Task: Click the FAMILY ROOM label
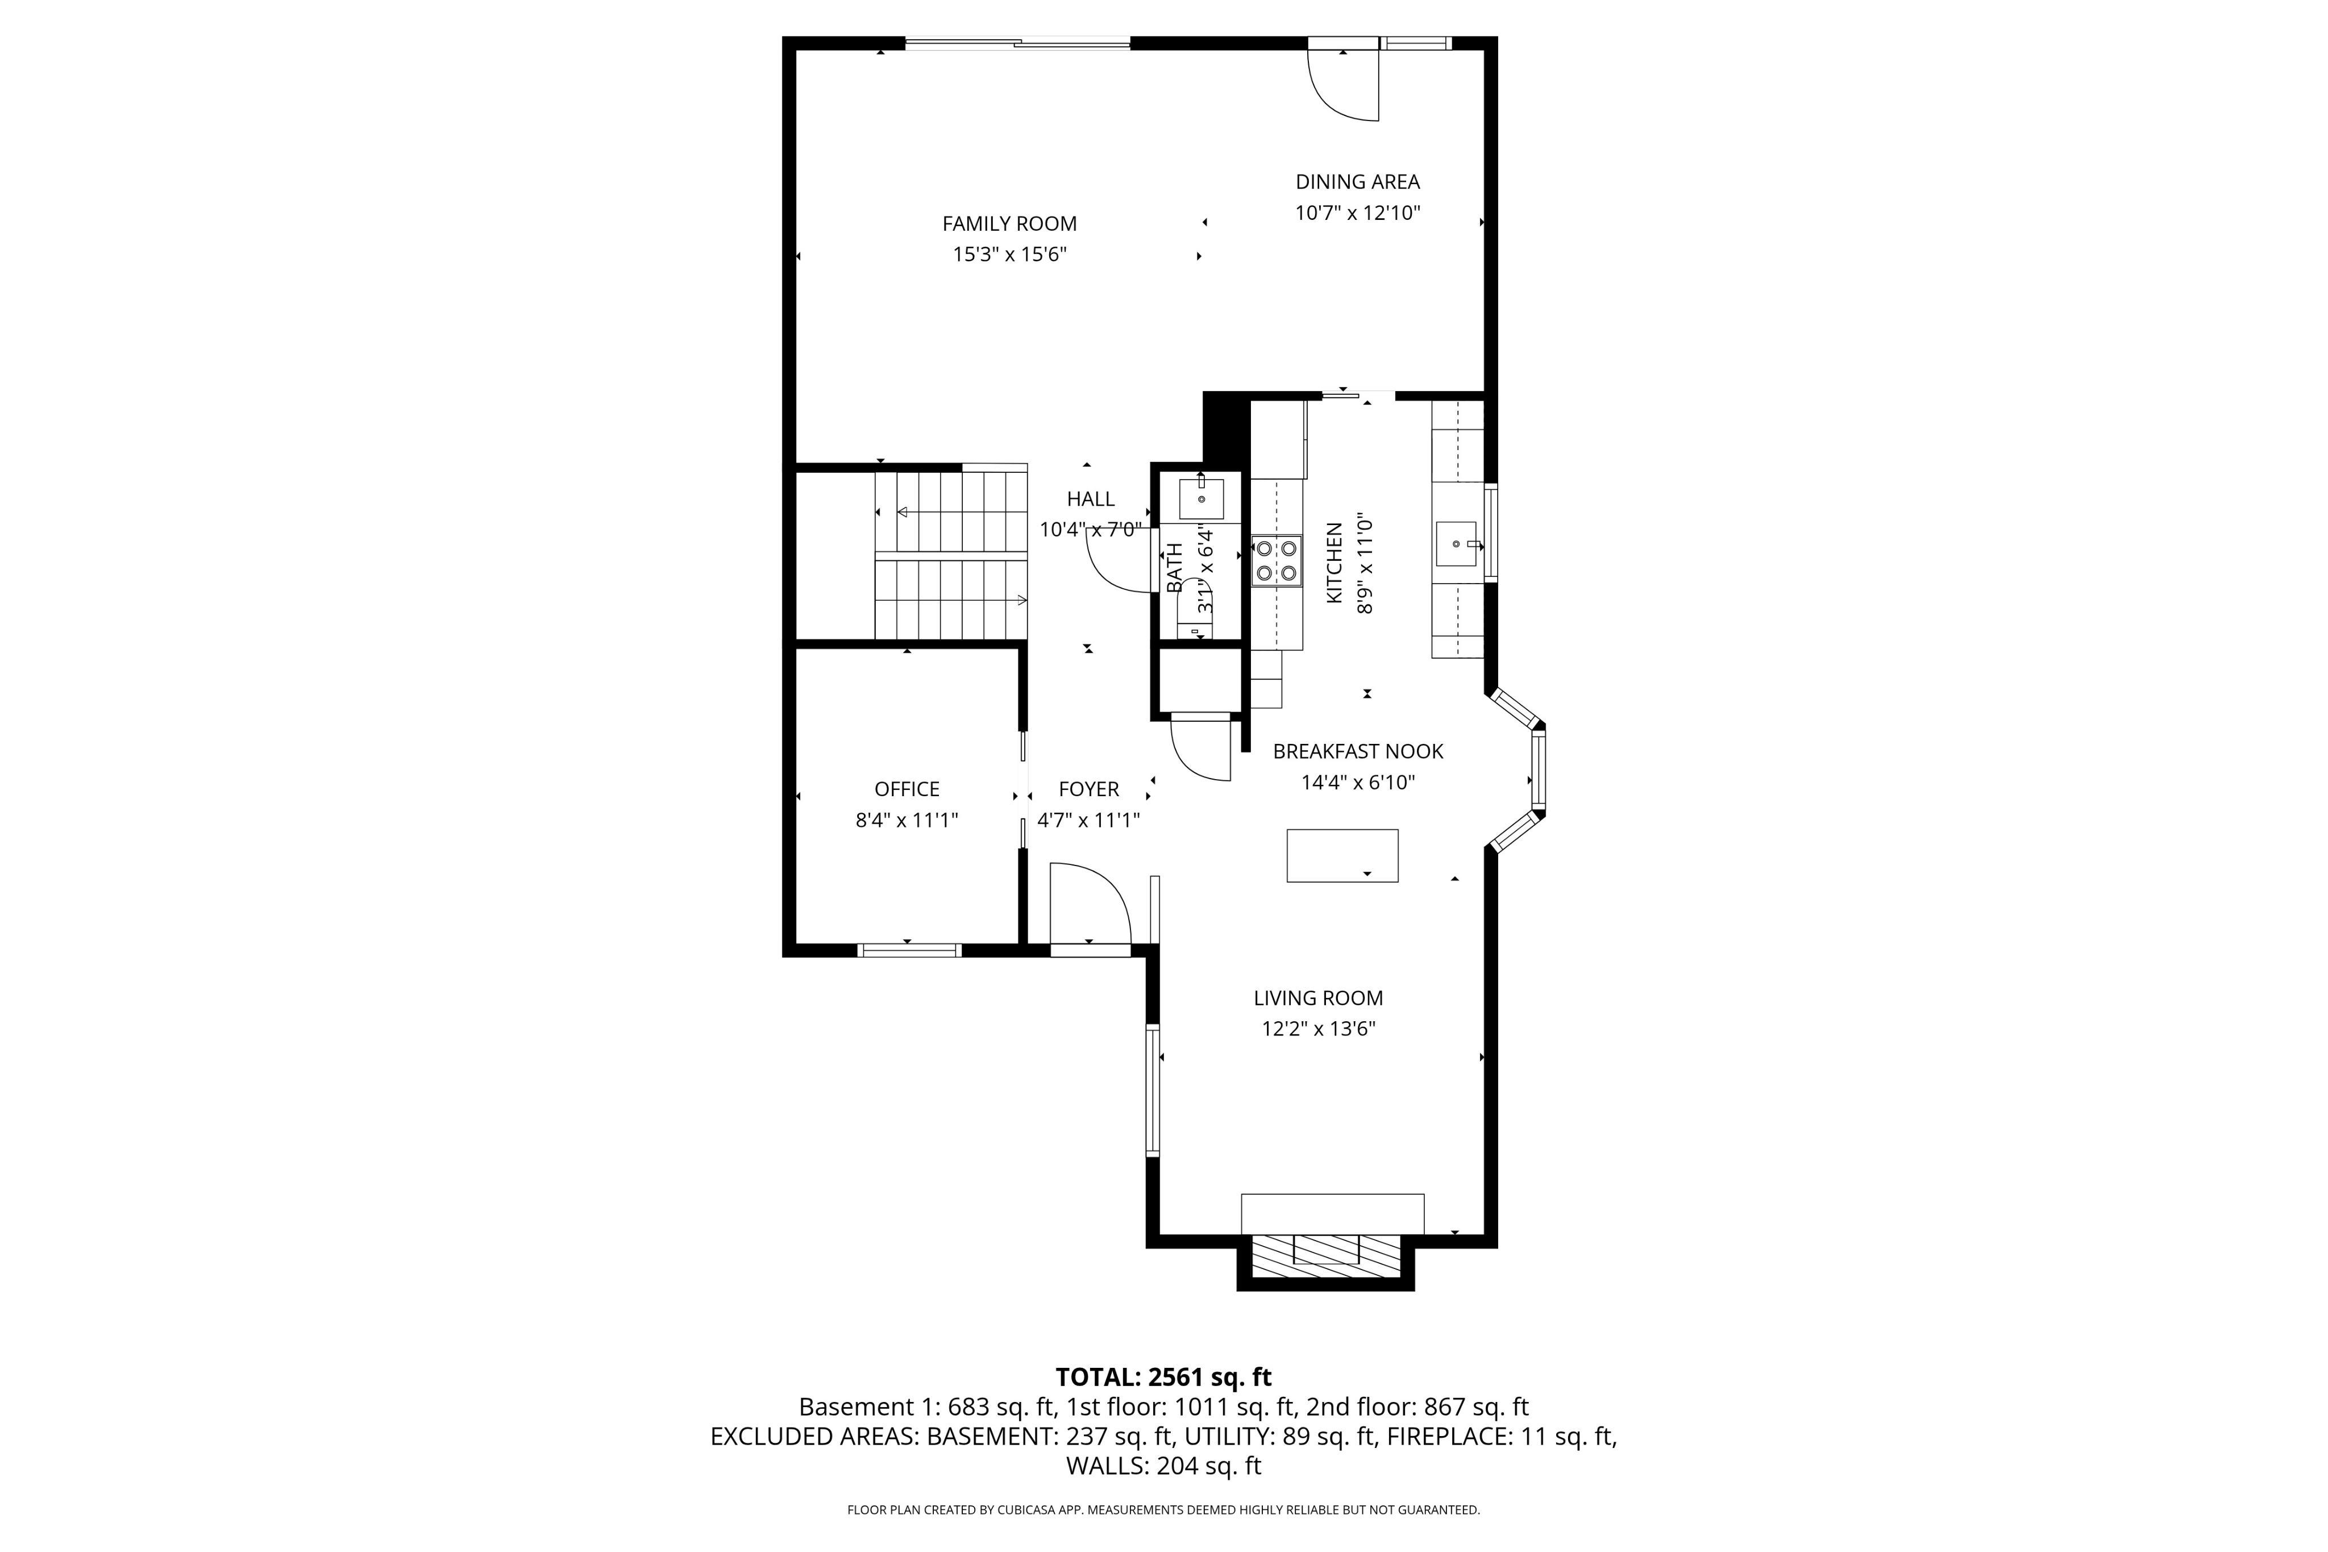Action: coord(1009,224)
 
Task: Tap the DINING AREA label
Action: coord(1357,181)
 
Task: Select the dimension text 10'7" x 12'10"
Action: coord(1357,213)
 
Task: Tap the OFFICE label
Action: coord(907,789)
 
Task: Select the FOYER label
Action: coord(1089,789)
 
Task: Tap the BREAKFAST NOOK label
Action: coord(1357,751)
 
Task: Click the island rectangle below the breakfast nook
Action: coord(1342,855)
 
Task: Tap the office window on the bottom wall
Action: coord(909,950)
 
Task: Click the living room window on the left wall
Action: coord(1152,1091)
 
